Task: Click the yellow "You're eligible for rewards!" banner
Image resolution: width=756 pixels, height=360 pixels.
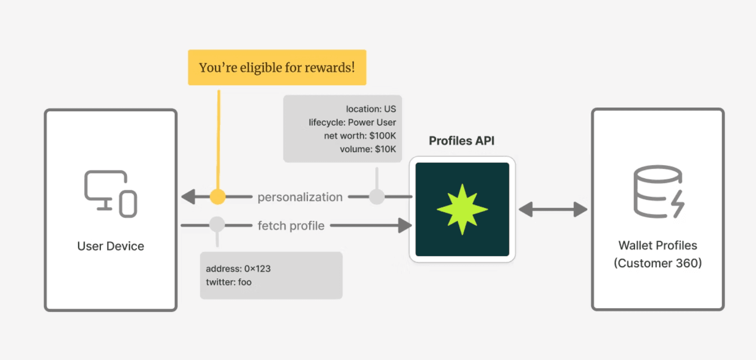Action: click(277, 67)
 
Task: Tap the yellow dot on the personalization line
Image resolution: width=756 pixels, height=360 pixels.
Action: click(217, 197)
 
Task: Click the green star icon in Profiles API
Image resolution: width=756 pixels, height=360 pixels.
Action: click(462, 209)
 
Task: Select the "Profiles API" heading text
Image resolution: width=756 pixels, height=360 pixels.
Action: click(462, 141)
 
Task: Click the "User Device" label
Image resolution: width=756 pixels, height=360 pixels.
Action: click(110, 246)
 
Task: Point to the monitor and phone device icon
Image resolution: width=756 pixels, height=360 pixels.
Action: click(110, 194)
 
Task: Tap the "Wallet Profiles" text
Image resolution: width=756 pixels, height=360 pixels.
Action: click(658, 245)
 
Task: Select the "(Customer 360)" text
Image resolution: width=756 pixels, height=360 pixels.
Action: click(658, 263)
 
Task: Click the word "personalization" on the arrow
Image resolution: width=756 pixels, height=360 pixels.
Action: click(300, 197)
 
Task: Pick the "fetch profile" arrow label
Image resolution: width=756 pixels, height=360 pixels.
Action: click(291, 226)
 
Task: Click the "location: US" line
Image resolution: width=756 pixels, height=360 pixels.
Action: click(371, 109)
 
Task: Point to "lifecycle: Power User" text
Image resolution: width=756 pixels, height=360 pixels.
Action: click(352, 122)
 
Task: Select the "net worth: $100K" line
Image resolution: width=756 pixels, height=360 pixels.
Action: click(360, 136)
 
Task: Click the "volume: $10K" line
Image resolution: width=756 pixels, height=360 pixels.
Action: click(368, 149)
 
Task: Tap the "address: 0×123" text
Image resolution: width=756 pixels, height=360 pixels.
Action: click(238, 269)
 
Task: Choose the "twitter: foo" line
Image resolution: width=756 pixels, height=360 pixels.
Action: click(229, 282)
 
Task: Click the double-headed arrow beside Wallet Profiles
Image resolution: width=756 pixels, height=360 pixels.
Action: click(553, 210)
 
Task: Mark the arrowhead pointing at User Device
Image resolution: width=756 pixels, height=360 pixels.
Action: click(188, 197)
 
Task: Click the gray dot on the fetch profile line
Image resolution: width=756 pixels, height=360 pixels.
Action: click(217, 224)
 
